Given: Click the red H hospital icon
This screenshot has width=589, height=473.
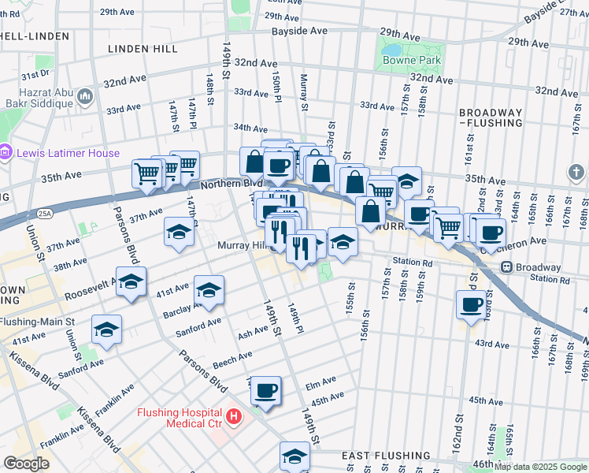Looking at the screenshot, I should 233,415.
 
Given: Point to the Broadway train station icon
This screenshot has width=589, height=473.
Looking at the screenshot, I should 507,267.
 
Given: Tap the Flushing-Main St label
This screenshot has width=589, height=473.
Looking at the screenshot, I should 37,322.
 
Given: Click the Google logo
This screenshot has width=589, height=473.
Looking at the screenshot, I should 26,464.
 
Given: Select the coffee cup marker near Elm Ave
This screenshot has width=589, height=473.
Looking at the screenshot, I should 266,389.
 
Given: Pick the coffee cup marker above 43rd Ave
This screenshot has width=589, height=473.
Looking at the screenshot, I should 472,304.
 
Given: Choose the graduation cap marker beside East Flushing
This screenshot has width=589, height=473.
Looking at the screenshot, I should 295,456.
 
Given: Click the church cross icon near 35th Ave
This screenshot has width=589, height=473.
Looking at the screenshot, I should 576,172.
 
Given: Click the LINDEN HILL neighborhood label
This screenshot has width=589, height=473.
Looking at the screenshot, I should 143,49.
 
